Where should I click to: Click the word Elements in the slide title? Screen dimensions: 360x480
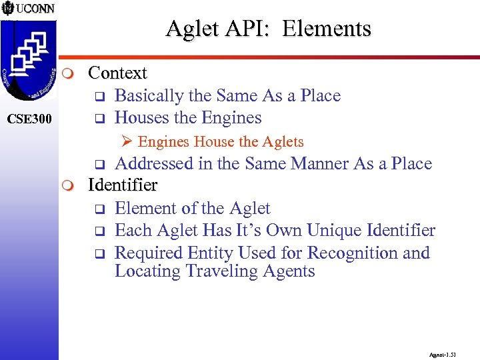326,29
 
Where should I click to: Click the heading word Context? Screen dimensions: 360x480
117,72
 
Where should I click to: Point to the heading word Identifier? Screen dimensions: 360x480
123,185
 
